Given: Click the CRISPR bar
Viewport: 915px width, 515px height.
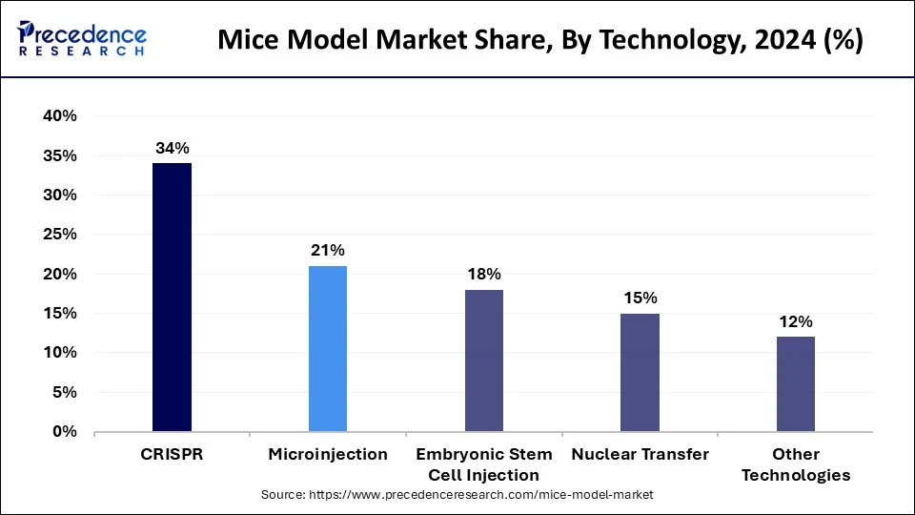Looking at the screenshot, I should point(172,298).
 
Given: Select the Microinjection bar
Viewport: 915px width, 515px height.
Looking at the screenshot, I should point(328,349).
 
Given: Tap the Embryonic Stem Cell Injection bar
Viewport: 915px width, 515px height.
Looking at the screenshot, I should point(484,360).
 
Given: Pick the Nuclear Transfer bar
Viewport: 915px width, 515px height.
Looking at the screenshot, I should point(640,372).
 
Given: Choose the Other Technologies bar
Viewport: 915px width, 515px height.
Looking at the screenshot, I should point(796,383).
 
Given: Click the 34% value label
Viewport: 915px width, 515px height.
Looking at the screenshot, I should point(173,148).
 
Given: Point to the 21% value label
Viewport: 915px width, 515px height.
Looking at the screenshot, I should point(328,251).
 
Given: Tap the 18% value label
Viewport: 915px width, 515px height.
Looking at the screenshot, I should point(484,275).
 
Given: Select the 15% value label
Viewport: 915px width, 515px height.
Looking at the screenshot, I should point(640,298).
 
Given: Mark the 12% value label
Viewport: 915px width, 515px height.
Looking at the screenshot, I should point(796,321).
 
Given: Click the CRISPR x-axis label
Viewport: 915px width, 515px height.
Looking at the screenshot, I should point(172,455).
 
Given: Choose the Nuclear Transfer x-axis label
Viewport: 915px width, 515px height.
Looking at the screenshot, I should point(640,455).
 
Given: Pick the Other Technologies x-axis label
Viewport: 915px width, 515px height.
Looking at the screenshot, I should point(796,464).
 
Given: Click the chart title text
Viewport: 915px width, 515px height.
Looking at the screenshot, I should point(540,41).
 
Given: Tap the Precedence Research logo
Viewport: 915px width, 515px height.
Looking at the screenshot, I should point(80,38).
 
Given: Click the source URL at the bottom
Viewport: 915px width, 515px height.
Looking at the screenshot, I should point(457,496).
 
